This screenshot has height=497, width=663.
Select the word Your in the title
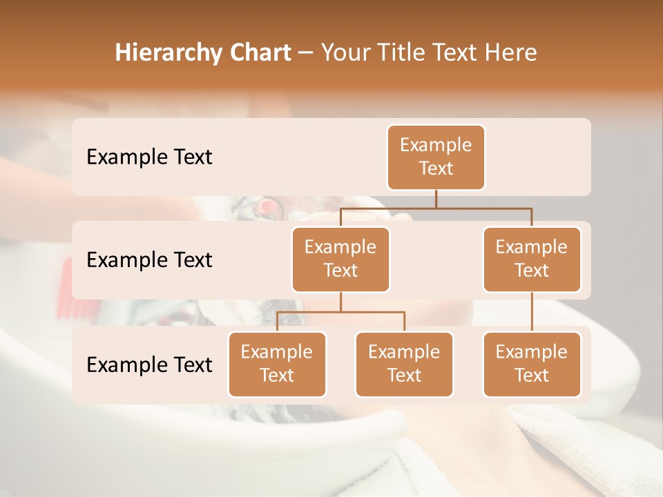pyautogui.click(x=344, y=52)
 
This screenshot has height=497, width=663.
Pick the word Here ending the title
pyautogui.click(x=512, y=52)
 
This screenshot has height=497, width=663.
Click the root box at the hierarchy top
pyautogui.click(x=436, y=157)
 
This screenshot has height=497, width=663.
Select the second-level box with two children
pyautogui.click(x=340, y=259)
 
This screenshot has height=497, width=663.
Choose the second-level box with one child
pyautogui.click(x=532, y=259)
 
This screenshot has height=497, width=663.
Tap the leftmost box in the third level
pyautogui.click(x=277, y=364)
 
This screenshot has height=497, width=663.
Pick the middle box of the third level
pyautogui.click(x=404, y=364)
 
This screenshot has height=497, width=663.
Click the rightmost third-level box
pyautogui.click(x=532, y=364)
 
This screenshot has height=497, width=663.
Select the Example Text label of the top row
pyautogui.click(x=149, y=157)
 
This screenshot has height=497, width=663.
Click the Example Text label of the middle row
pyautogui.click(x=149, y=260)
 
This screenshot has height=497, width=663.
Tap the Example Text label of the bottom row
pyautogui.click(x=149, y=364)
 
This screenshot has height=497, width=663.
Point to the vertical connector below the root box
pyautogui.click(x=436, y=199)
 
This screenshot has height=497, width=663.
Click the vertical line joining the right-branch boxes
pyautogui.click(x=532, y=312)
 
